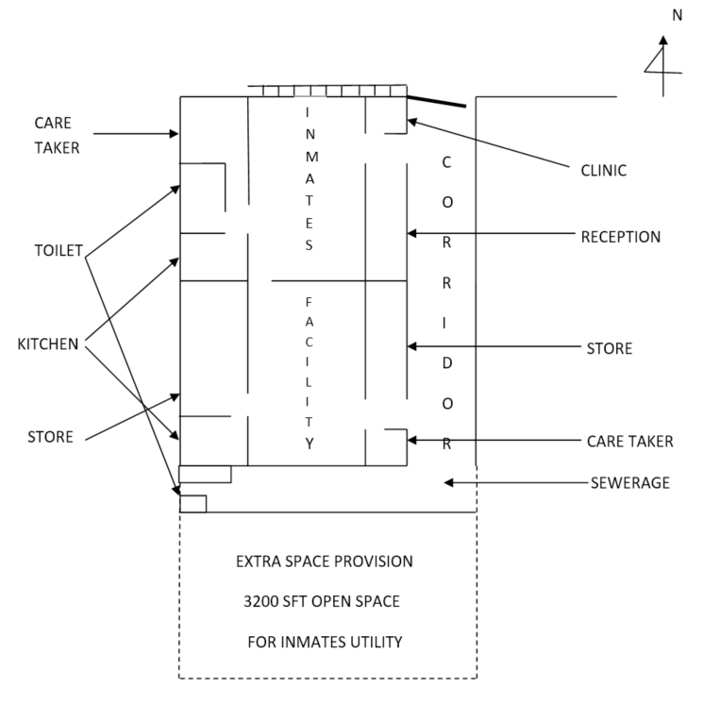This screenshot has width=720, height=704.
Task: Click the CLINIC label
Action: [605, 171]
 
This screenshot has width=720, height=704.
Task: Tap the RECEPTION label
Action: [620, 236]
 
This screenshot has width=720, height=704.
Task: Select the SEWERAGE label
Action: [629, 483]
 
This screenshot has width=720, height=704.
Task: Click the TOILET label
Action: [59, 251]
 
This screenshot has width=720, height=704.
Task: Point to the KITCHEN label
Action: [48, 344]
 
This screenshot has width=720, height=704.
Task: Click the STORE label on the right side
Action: [609, 349]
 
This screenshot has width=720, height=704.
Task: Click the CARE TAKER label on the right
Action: [629, 441]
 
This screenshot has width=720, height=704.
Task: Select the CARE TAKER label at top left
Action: [57, 135]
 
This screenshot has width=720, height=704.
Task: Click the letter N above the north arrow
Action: [676, 16]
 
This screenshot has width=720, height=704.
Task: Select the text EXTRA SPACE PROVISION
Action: [324, 562]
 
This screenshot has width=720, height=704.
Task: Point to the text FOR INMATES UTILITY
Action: [325, 643]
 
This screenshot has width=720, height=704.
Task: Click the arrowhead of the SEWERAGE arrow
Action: [449, 483]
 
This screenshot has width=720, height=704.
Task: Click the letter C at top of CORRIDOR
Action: [446, 162]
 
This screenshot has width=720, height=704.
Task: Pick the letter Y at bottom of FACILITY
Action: [309, 444]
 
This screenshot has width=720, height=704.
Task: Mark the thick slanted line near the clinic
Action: [436, 100]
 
